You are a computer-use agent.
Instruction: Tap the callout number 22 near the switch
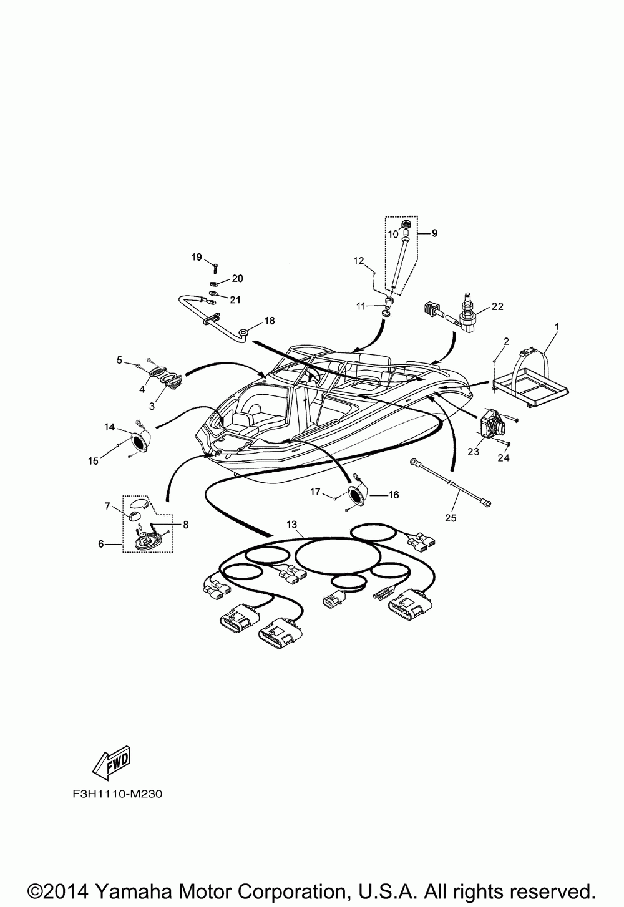(x=497, y=306)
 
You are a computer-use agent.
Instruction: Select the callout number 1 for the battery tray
(x=557, y=326)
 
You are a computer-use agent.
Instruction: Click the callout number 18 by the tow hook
(x=269, y=321)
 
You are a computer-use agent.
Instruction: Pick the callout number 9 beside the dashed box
(x=434, y=233)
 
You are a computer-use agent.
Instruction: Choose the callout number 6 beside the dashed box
(x=101, y=544)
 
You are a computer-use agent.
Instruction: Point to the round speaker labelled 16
(x=357, y=496)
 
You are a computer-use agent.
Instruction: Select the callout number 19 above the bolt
(x=197, y=257)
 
